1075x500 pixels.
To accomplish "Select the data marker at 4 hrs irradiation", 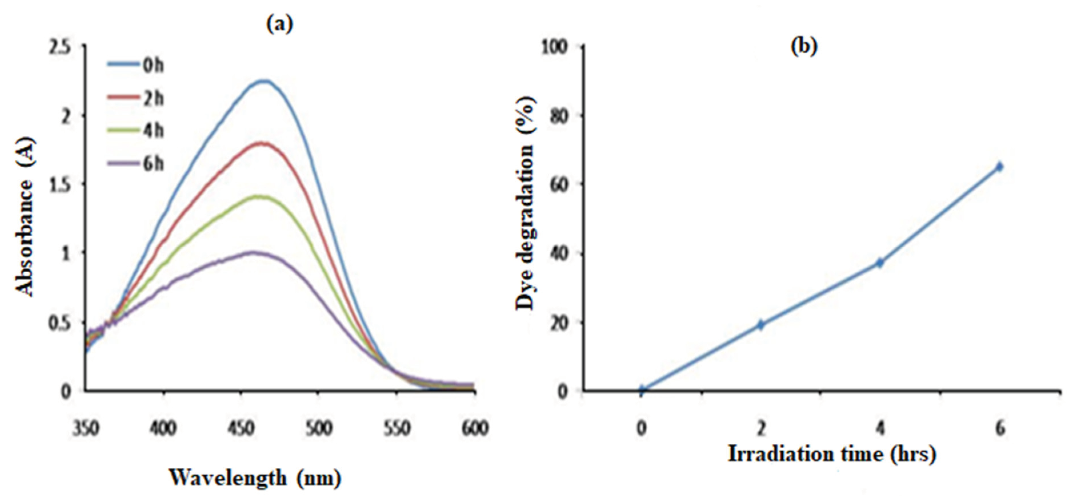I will coord(880,263).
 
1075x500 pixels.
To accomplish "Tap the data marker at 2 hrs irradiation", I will coord(761,324).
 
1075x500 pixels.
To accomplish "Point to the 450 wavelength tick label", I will coord(241,428).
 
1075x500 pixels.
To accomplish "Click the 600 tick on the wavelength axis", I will coord(475,428).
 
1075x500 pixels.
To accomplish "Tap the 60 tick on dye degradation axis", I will coord(561,184).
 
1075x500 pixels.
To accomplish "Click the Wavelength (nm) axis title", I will coord(255,478).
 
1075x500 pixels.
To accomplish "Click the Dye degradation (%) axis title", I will coord(525,203).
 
